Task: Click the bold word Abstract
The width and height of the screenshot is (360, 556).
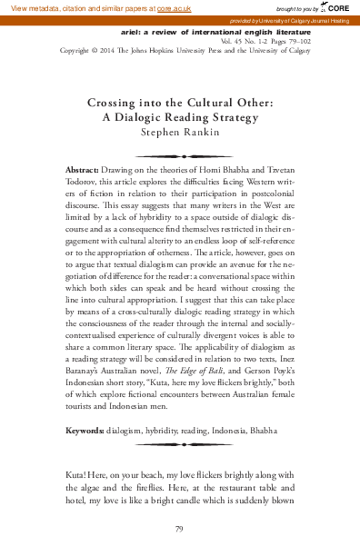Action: tap(110, 170)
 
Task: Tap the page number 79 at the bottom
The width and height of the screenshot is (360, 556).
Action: tap(180, 528)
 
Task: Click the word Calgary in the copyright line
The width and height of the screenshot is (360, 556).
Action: tap(295, 51)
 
